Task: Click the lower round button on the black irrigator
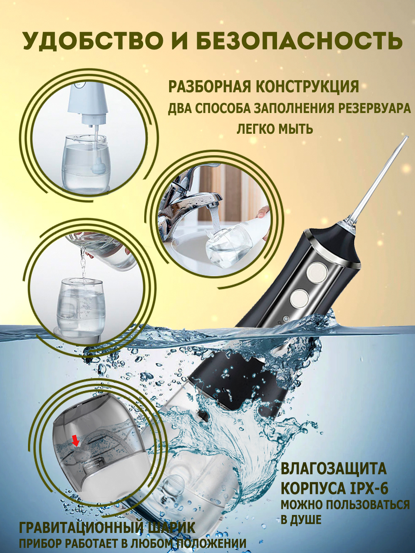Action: click(298, 299)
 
